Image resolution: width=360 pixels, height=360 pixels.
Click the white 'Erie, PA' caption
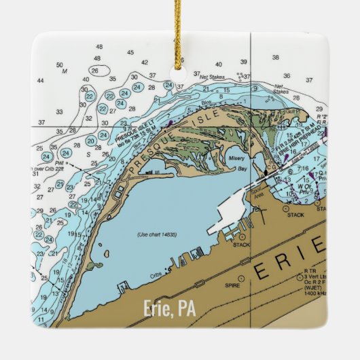(169, 309)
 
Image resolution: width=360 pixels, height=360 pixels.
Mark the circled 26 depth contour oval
(95, 71)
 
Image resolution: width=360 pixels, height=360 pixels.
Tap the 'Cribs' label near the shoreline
(156, 276)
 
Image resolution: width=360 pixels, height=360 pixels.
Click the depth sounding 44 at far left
(40, 81)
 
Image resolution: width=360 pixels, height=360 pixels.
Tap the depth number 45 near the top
(130, 52)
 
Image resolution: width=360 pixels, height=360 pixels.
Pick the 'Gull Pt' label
(293, 109)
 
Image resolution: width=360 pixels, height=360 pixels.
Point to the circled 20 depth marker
(91, 141)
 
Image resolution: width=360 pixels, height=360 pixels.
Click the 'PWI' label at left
(60, 162)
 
